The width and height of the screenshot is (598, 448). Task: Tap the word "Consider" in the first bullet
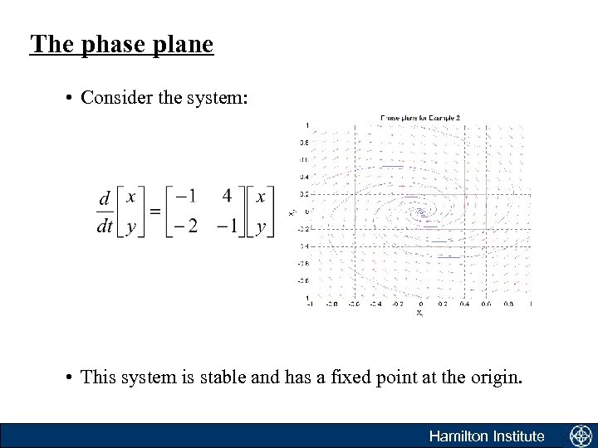(x=112, y=98)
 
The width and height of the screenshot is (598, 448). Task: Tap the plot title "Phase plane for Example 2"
(x=419, y=118)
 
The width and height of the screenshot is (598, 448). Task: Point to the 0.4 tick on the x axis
(x=463, y=304)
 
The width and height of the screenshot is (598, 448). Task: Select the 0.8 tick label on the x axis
(x=508, y=304)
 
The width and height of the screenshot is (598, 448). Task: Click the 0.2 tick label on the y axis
(x=305, y=194)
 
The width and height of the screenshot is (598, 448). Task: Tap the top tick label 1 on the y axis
(x=308, y=124)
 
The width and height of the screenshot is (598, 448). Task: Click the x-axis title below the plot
(x=419, y=313)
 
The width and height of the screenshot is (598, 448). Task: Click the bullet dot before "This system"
(x=70, y=378)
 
